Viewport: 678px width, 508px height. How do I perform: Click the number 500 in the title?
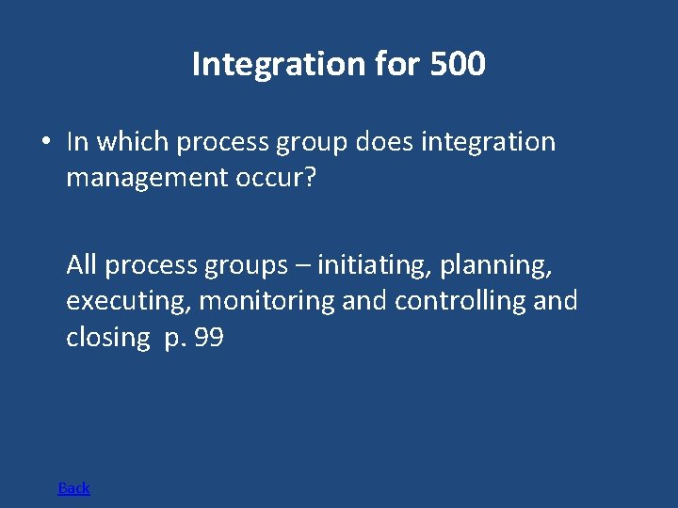click(x=457, y=64)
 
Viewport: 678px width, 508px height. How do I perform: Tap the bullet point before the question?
click(x=45, y=142)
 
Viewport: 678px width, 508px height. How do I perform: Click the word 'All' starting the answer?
click(x=82, y=265)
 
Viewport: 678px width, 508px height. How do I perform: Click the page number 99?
click(x=208, y=338)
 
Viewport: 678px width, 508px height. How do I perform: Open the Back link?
click(x=74, y=487)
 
